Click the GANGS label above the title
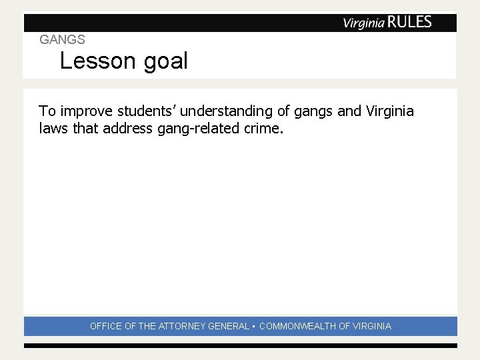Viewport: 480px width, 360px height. (x=62, y=40)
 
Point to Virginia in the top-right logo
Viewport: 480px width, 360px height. (x=363, y=23)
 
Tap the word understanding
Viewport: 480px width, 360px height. (x=225, y=111)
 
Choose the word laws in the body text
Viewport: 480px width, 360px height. (x=53, y=128)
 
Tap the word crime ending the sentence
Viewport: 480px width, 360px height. (x=262, y=128)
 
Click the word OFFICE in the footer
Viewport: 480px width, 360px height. (x=106, y=327)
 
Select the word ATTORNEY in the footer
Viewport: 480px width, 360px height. (x=181, y=327)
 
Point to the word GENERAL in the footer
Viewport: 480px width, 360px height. (x=229, y=327)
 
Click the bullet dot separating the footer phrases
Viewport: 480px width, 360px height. (x=255, y=327)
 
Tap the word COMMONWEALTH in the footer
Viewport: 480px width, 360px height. (x=297, y=327)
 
